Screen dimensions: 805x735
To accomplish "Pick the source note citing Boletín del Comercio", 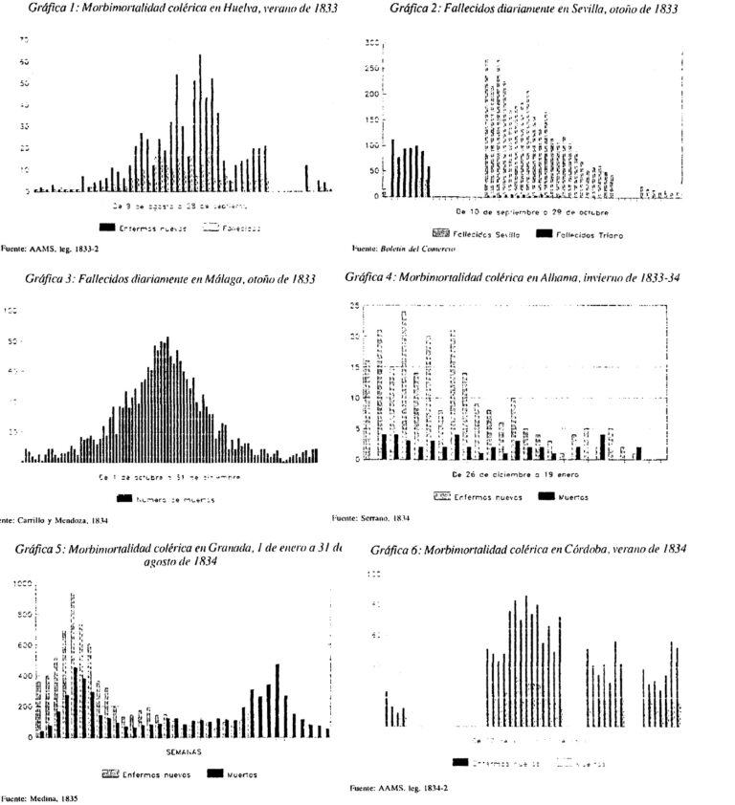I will [406, 248].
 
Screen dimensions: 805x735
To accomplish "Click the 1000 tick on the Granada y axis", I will [18, 582].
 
